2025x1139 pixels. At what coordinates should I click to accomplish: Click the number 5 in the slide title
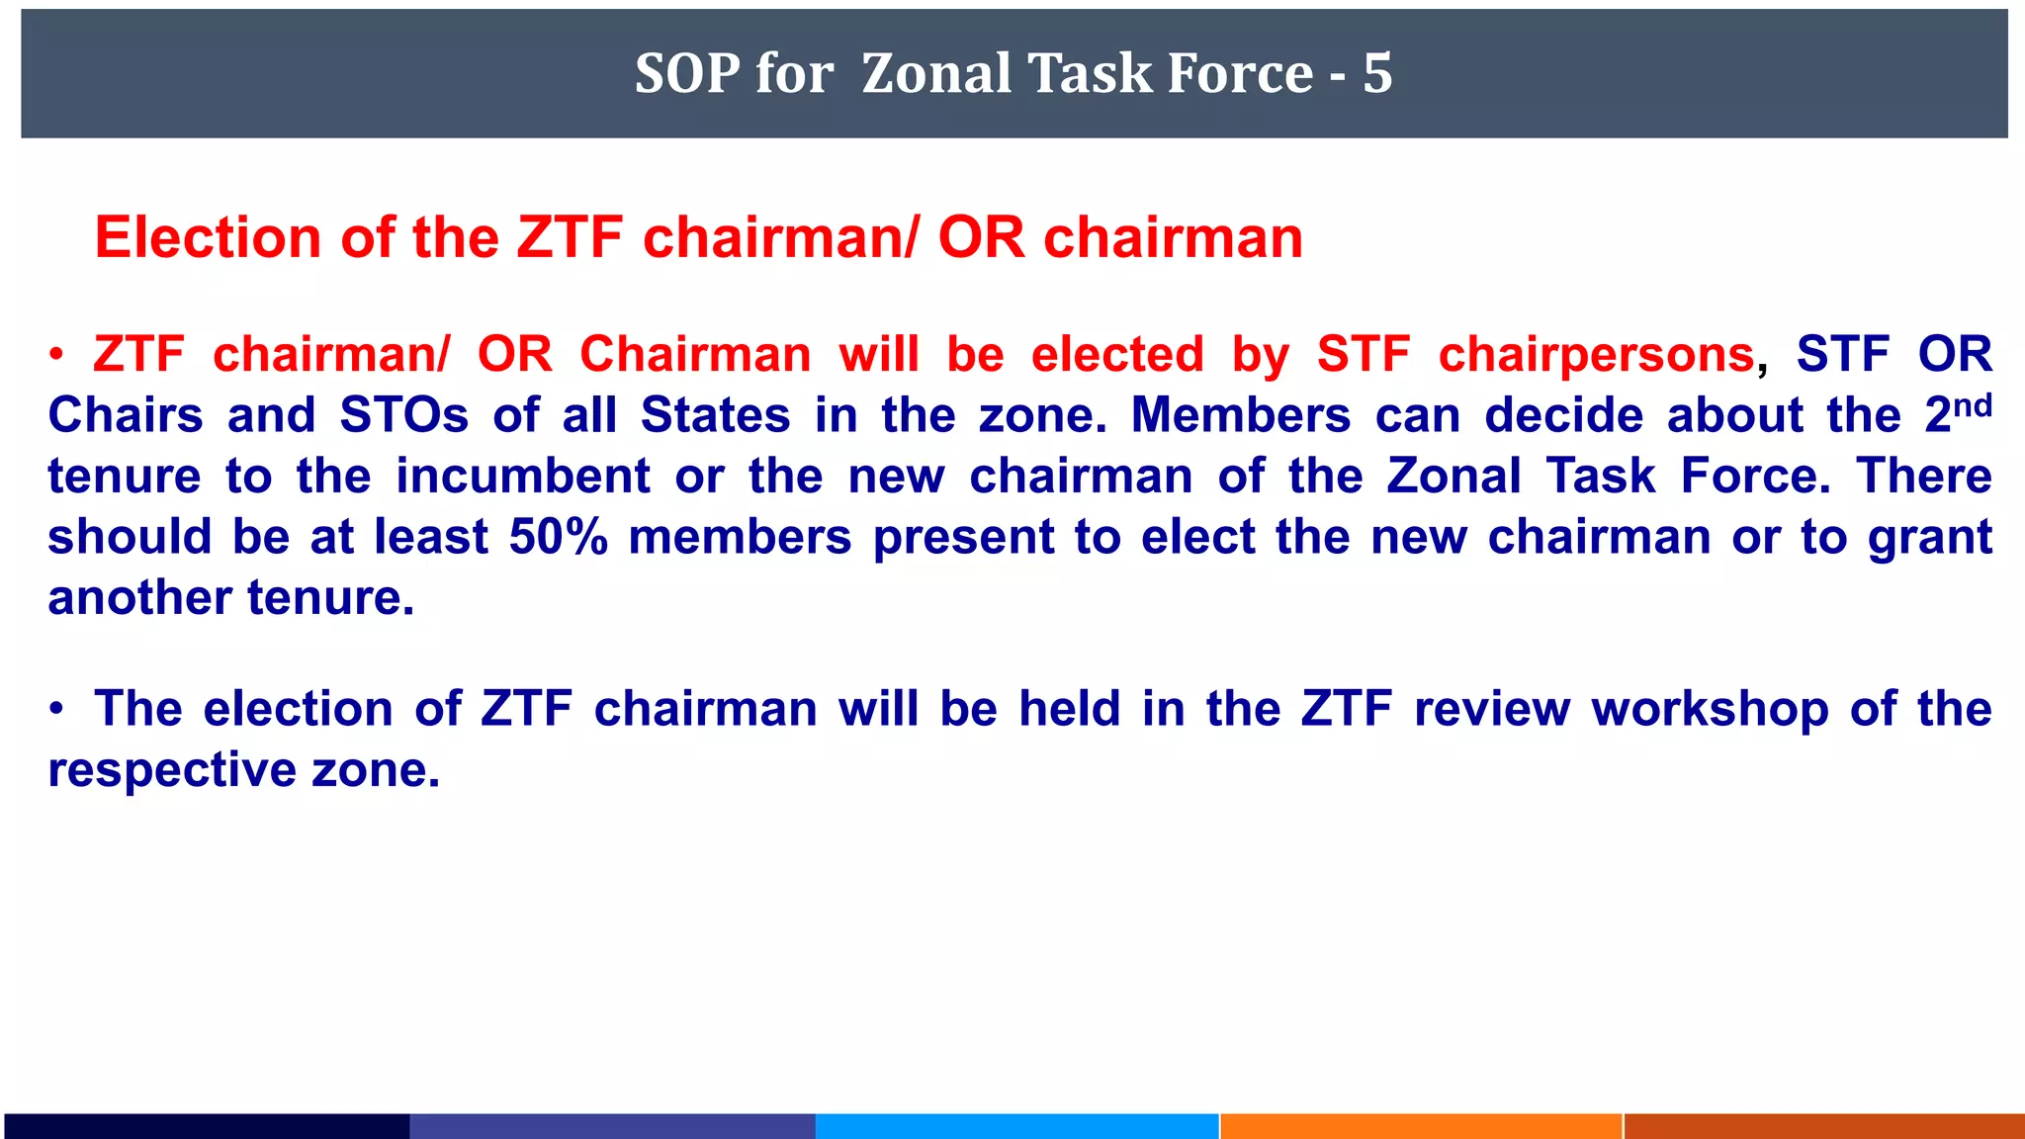click(1377, 73)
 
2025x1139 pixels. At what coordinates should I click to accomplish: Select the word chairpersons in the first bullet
click(1596, 355)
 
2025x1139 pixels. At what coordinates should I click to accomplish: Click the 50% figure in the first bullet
click(559, 537)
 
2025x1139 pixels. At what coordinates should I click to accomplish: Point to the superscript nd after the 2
click(1973, 404)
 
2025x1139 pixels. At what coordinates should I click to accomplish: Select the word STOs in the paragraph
click(404, 415)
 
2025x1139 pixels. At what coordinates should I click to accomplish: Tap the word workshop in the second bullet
click(1710, 710)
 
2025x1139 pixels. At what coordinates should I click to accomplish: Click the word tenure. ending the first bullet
click(330, 598)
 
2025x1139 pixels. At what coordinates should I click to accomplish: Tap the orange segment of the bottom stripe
click(1421, 1126)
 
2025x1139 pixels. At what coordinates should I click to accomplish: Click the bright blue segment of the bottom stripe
click(1016, 1126)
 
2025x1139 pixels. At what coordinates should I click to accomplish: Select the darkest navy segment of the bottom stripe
click(206, 1126)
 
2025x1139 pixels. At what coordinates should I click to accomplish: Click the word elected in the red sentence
click(1117, 355)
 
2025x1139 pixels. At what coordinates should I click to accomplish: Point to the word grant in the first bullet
click(1930, 537)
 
